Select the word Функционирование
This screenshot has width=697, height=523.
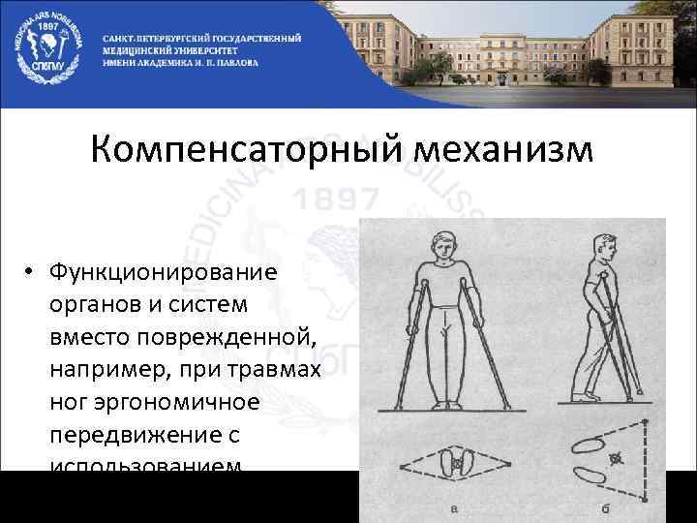165,273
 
